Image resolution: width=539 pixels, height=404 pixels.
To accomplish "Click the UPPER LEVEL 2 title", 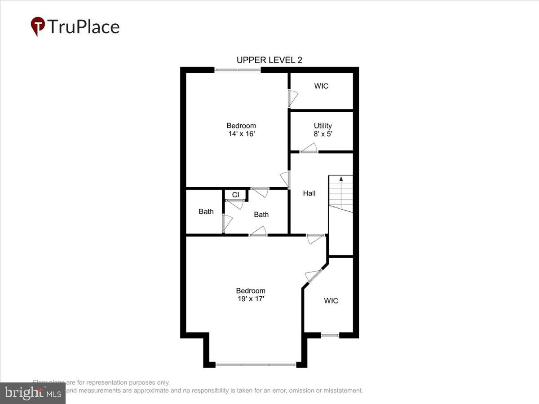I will [x=269, y=60].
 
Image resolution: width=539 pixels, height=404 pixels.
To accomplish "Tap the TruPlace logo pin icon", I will [x=38, y=26].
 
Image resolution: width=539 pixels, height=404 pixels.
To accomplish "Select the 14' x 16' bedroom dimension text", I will [x=241, y=134].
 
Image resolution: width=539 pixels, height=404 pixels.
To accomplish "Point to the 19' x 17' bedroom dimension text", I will [x=251, y=298].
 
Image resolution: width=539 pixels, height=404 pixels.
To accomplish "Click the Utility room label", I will [x=323, y=126].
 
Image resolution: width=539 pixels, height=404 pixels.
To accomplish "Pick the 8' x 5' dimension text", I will [x=323, y=134].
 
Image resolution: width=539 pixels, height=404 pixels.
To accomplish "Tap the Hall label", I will [x=309, y=193].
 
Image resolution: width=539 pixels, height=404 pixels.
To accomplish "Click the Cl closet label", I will [x=235, y=195].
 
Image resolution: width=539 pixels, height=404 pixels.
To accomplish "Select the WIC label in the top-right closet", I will [x=321, y=86].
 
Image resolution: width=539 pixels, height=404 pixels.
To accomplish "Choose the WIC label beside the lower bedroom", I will [x=331, y=301].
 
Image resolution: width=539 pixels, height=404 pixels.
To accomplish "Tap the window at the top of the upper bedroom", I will [x=237, y=70].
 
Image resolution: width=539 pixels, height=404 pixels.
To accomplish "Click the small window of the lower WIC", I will [x=330, y=335].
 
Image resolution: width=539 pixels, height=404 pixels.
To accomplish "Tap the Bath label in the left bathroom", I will [x=206, y=211].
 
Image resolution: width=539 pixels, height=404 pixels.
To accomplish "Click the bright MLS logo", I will [x=32, y=393].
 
